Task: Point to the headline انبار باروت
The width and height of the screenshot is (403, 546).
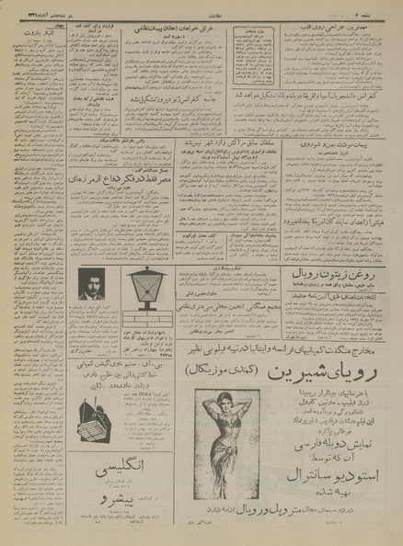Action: [x=31, y=28]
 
